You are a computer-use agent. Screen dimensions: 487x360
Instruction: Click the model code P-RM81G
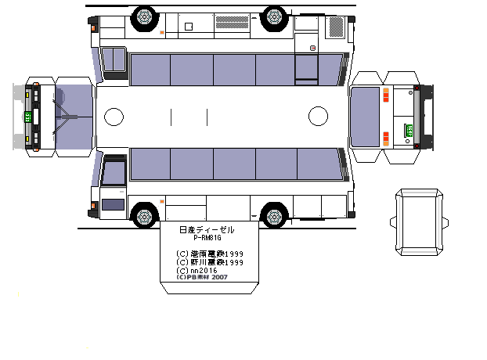coord(207,239)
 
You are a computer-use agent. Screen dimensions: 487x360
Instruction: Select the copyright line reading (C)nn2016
coord(197,270)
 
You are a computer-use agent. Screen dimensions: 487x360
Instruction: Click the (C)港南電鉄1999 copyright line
coord(210,254)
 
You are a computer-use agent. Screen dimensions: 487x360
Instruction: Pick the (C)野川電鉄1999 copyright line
coord(210,262)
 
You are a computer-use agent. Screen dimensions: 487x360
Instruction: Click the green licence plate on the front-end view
coord(28,117)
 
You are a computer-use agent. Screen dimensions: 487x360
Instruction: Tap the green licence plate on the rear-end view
coord(409,130)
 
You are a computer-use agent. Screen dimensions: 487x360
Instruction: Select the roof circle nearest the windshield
coord(114,117)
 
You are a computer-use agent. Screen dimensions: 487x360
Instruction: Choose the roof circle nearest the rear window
coord(318,117)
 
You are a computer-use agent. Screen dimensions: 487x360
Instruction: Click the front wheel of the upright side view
coord(144,214)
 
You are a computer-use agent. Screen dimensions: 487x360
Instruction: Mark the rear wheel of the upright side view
coord(274,214)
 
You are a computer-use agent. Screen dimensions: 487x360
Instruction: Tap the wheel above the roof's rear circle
coord(274,15)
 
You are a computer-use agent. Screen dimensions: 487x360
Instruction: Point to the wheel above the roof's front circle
coord(144,15)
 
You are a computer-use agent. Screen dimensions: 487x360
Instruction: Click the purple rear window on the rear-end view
coord(365,117)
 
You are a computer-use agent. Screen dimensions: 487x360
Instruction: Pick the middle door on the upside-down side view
coord(306,67)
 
